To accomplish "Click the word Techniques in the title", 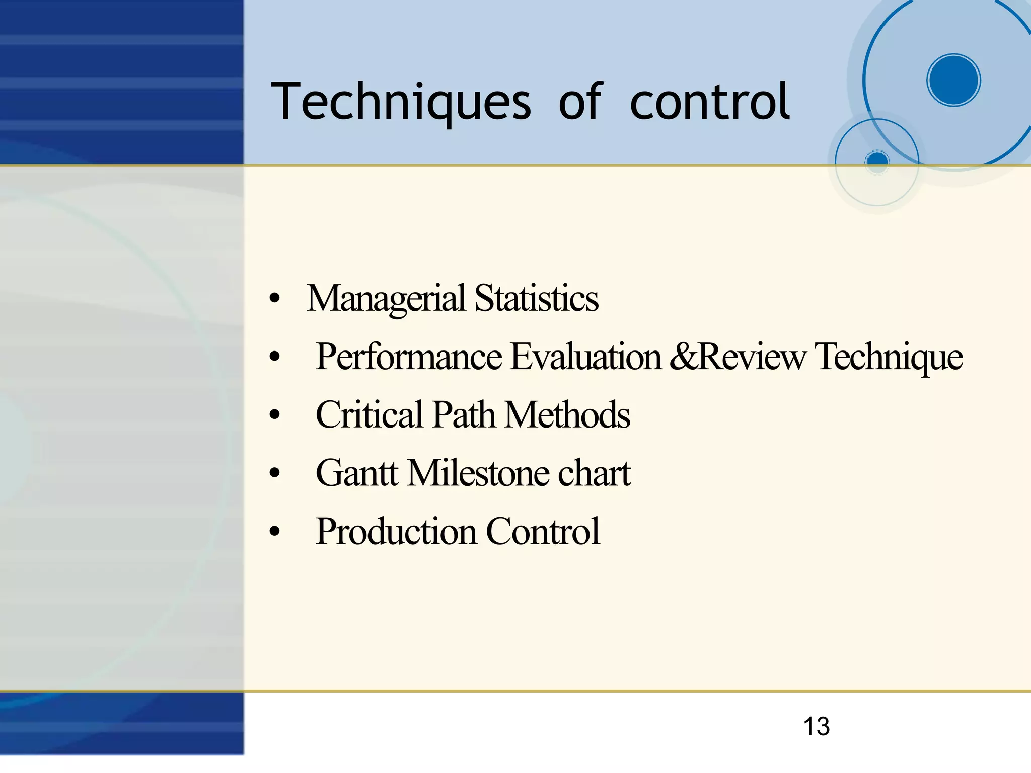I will (401, 102).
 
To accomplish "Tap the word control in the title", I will (710, 102).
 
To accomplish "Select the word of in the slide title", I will (580, 102).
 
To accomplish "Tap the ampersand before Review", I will (683, 357).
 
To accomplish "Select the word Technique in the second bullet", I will (889, 357).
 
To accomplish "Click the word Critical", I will (370, 415).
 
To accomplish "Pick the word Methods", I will (567, 415).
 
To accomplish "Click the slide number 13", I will (816, 727).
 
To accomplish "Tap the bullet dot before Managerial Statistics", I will (274, 299).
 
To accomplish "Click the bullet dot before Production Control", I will (274, 532).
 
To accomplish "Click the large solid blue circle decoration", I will (953, 80).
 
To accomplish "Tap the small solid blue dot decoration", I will (877, 161).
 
